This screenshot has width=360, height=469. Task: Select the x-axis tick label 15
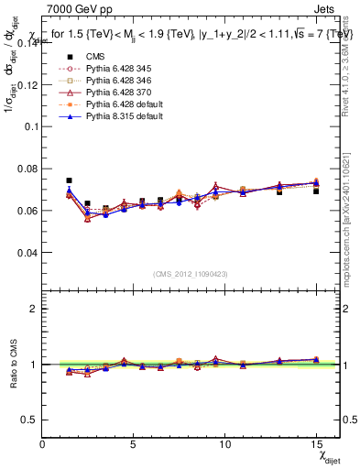pos(315,443)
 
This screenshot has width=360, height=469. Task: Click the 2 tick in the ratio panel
pos(35,309)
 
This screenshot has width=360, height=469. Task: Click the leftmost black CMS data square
pos(69,180)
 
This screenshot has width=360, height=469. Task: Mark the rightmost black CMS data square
pos(316,191)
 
